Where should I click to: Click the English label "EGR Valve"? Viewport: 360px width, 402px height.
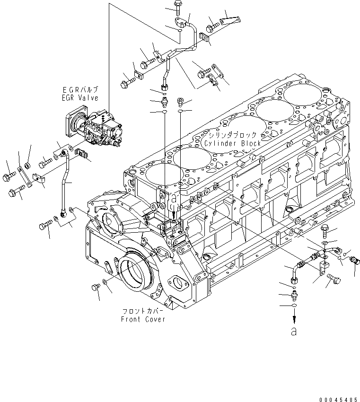(x=82, y=98)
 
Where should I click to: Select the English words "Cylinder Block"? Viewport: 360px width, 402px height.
(x=232, y=143)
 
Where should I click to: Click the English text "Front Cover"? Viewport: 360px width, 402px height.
(x=143, y=319)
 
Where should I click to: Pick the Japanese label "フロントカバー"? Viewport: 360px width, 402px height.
(x=143, y=312)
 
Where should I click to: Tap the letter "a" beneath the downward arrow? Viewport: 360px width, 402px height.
(x=294, y=332)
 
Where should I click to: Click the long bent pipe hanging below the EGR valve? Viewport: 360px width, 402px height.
(x=66, y=182)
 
